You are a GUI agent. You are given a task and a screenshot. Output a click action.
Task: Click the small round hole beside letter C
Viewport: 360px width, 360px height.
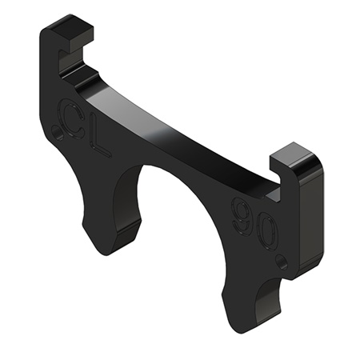55,130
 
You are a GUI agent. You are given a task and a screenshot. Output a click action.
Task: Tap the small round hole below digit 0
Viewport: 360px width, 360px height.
280,260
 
